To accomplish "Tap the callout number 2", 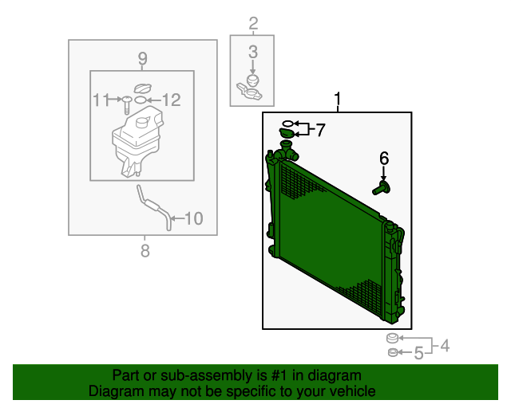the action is (253, 23).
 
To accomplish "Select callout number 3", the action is (253, 52).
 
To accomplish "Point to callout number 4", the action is (445, 346).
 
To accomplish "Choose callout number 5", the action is (418, 353).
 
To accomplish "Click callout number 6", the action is (384, 159).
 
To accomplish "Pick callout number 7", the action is (321, 130).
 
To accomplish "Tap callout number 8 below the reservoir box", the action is (145, 251).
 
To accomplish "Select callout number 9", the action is (142, 59).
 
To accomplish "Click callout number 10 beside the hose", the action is (193, 218).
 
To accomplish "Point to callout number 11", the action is (101, 100).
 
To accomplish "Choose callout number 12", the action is (171, 100).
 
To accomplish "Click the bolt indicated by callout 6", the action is (382, 188).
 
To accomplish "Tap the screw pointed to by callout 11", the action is (126, 104).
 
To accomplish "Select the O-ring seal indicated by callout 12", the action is (141, 100).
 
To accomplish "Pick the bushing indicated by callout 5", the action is (393, 352).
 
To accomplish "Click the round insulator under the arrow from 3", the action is (252, 80).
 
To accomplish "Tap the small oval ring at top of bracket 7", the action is (287, 124).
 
